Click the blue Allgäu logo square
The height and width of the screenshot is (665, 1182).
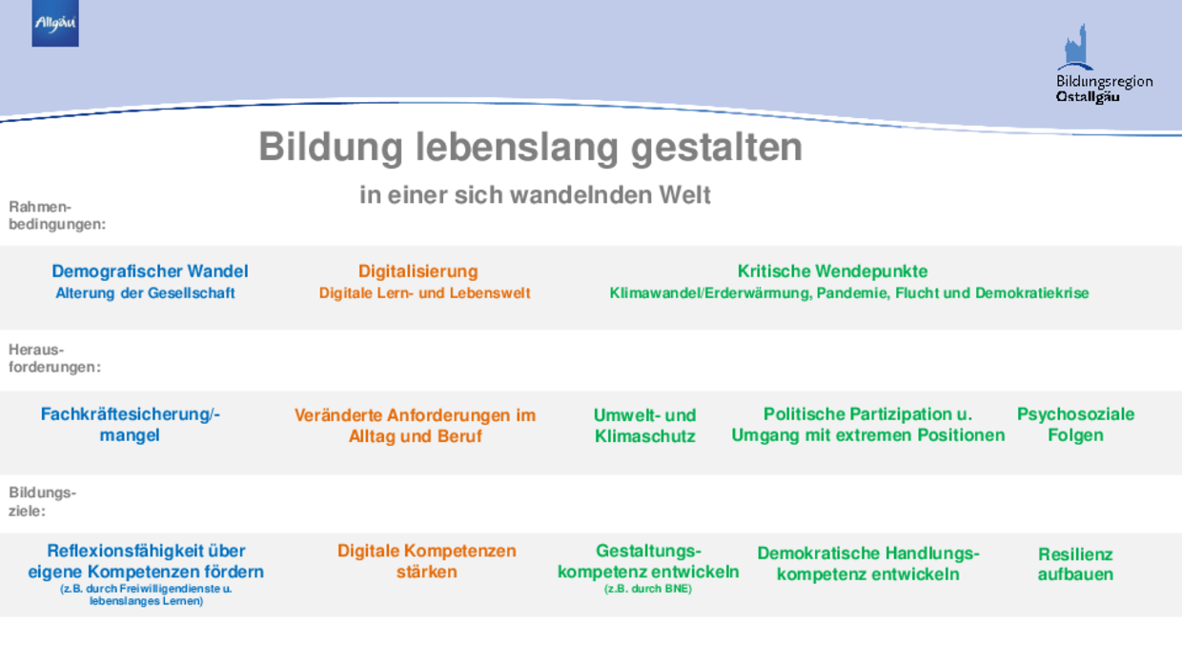55,23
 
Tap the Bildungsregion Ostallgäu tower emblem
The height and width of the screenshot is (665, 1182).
1075,47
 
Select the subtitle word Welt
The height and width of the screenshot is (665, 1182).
684,195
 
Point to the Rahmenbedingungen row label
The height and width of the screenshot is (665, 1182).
57,215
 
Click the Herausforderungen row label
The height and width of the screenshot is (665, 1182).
54,358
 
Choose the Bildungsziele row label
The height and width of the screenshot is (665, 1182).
42,501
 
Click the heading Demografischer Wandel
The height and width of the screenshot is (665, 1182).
150,272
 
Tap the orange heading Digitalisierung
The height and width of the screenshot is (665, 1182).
418,272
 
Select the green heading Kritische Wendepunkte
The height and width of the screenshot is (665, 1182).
832,272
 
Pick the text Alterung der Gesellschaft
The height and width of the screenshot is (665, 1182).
145,293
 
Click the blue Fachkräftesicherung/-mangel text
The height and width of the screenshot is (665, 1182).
130,425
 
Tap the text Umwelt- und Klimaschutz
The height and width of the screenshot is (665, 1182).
644,426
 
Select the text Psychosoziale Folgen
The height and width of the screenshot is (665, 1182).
1075,425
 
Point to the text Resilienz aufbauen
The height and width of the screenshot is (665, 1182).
1075,564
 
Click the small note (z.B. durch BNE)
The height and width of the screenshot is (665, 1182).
648,589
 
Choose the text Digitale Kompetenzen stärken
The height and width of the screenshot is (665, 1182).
426,561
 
